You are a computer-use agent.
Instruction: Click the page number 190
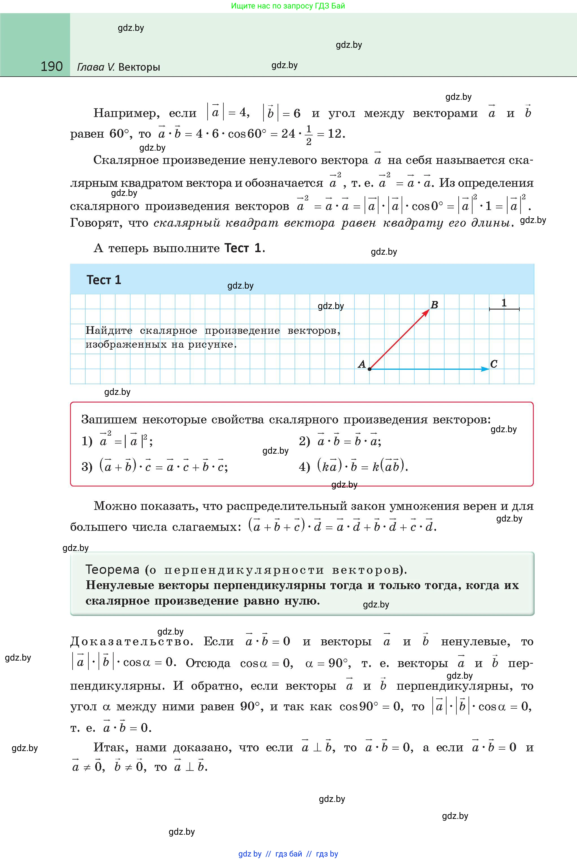coord(51,66)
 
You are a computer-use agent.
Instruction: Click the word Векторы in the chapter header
coord(139,67)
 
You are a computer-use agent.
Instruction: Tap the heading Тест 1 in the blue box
coord(104,280)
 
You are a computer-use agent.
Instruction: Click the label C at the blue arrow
coord(494,364)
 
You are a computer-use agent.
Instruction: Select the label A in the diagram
coord(362,364)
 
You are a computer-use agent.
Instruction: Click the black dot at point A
coord(369,369)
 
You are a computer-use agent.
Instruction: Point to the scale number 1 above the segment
coord(504,303)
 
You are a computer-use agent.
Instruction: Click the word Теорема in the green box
coord(112,570)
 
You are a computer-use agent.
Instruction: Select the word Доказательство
coord(131,642)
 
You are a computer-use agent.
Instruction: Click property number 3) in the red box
coord(87,467)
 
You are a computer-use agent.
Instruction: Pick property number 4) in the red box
coord(304,467)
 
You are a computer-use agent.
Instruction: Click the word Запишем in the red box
coord(109,419)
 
